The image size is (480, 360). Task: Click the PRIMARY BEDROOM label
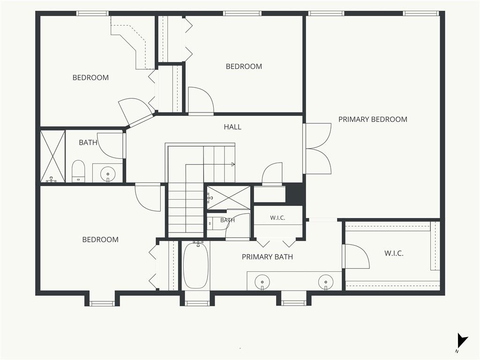[x=373, y=120]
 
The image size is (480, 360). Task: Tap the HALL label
[x=232, y=127]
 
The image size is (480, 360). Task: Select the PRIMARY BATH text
[x=267, y=257]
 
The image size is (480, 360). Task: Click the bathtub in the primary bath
[x=196, y=265]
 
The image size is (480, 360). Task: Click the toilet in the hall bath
[x=78, y=171]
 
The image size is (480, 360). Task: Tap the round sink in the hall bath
[x=108, y=174]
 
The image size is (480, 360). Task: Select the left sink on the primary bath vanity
[x=262, y=282]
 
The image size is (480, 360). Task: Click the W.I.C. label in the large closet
[x=394, y=254]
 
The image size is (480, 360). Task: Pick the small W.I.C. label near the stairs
[x=277, y=218]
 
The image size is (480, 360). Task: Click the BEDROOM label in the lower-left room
[x=100, y=240]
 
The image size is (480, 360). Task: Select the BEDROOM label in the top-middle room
[x=244, y=67]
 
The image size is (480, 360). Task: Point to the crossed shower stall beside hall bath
[x=53, y=157]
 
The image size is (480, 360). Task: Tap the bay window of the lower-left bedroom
[x=102, y=303]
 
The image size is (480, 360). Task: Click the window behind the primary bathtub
[x=197, y=303]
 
